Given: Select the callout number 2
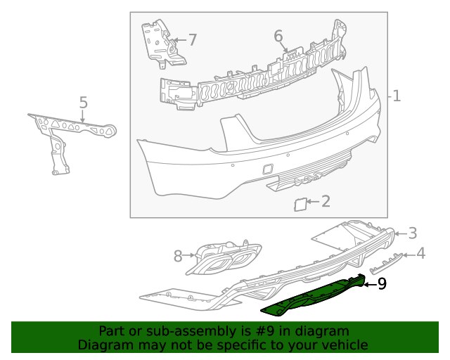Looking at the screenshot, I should click(325, 202).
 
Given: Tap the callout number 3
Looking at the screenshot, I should click(413, 233).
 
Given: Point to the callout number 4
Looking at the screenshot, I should click(420, 253).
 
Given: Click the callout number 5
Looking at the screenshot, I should click(83, 103).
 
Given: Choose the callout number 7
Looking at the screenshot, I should click(192, 40).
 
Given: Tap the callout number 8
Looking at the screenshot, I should click(178, 256).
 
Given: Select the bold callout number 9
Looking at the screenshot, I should click(382, 283).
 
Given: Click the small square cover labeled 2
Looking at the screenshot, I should click(298, 205).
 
